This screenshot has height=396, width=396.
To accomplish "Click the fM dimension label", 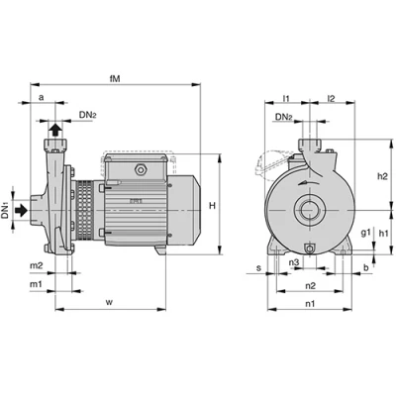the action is click(115, 78).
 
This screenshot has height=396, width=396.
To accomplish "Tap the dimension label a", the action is click(41, 97).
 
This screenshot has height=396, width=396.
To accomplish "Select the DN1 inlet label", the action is click(5, 211).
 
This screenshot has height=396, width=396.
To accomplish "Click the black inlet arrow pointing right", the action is click(22, 210).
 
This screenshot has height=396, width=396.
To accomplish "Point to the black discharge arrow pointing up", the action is click(55, 130).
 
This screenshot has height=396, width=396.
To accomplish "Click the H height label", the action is click(212, 206).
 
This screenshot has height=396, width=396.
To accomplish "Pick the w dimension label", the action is click(109, 302).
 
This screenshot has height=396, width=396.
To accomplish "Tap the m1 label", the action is click(37, 283).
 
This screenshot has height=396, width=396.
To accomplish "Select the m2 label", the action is click(37, 265).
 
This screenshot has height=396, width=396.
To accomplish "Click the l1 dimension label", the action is click(286, 98).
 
